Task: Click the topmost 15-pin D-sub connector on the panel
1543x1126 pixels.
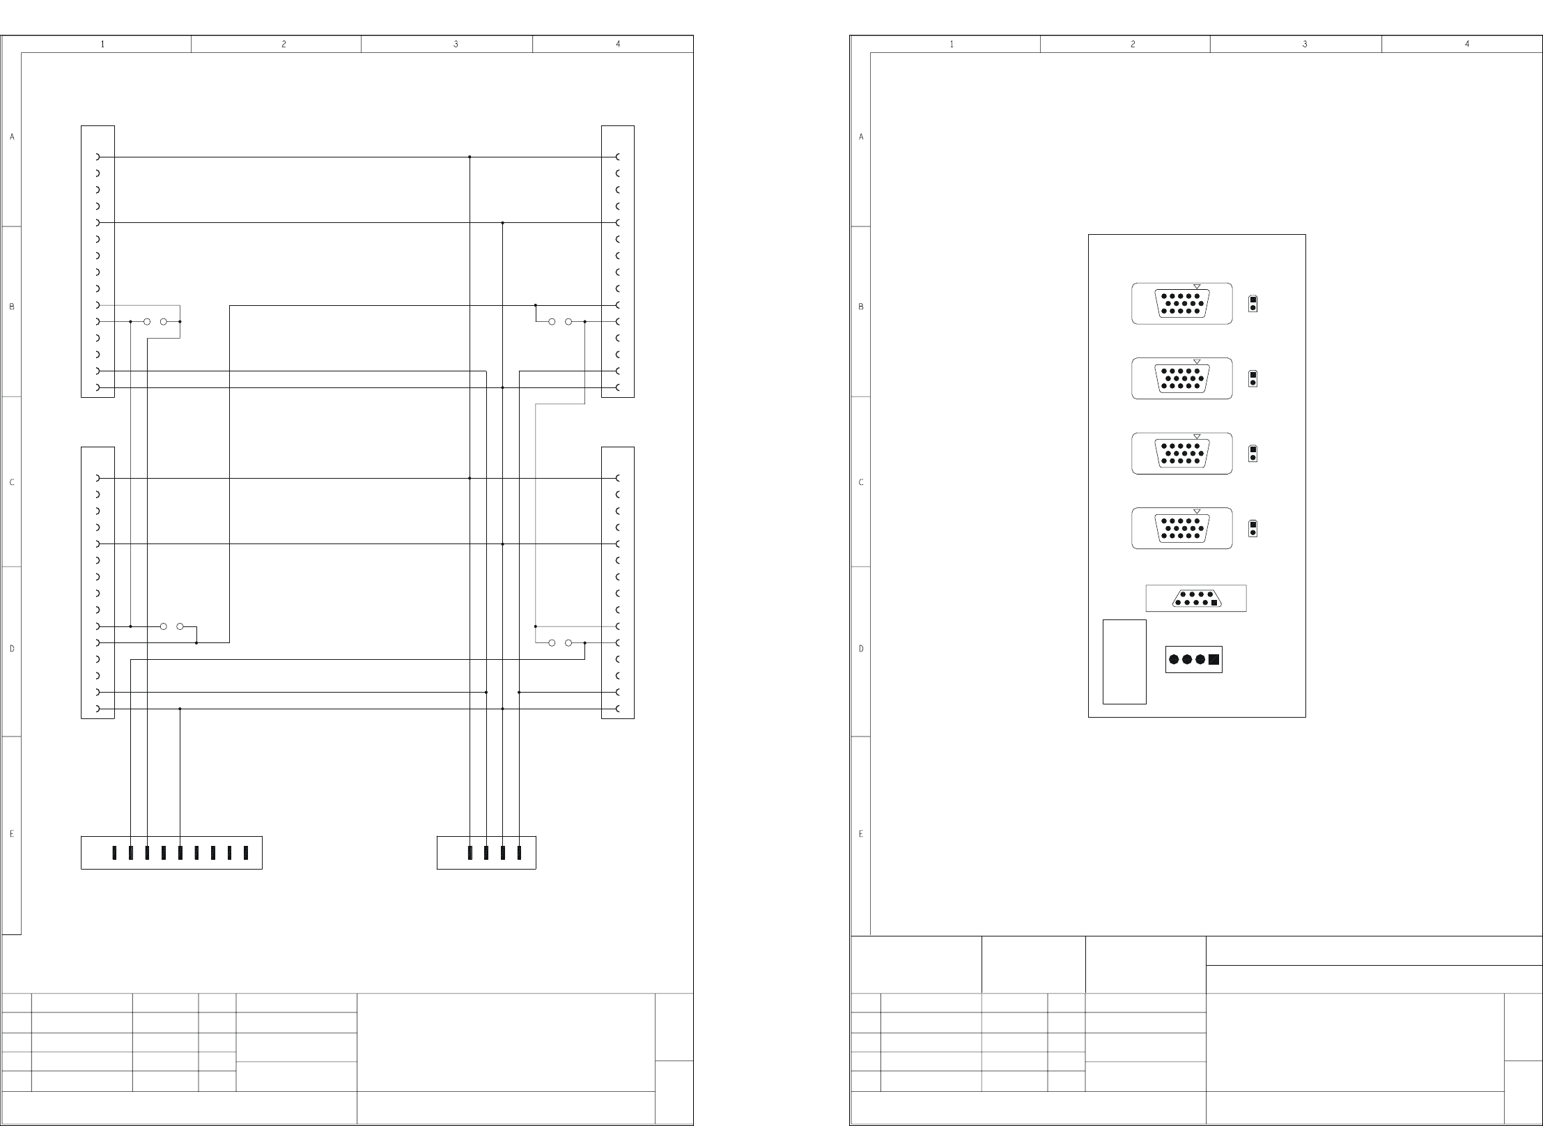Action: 1181,304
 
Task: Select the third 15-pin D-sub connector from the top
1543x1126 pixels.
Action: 1181,454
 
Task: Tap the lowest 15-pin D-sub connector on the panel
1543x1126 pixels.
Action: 1181,528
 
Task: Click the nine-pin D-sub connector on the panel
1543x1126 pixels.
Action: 1195,599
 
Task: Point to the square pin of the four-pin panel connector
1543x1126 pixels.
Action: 1214,659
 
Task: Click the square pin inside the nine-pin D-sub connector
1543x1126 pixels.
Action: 1214,603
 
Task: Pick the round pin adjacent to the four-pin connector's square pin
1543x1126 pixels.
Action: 1200,659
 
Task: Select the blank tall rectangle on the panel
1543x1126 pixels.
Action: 1124,661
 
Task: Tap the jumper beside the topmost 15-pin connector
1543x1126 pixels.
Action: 1253,304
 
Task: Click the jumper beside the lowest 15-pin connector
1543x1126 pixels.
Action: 1253,528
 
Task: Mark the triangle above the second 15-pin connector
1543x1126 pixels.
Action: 1197,362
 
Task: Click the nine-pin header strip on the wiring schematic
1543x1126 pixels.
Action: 171,852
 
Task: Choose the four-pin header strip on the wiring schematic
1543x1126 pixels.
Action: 486,852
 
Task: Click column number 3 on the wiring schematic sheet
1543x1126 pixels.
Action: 456,44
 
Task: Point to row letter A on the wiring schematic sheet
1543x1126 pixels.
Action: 12,137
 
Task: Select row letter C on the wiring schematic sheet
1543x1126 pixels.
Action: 12,482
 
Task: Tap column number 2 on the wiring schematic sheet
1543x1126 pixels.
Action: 284,44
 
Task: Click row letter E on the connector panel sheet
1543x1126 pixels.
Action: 861,833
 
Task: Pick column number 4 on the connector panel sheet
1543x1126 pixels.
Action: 1467,44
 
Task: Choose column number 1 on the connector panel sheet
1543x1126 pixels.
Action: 952,44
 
